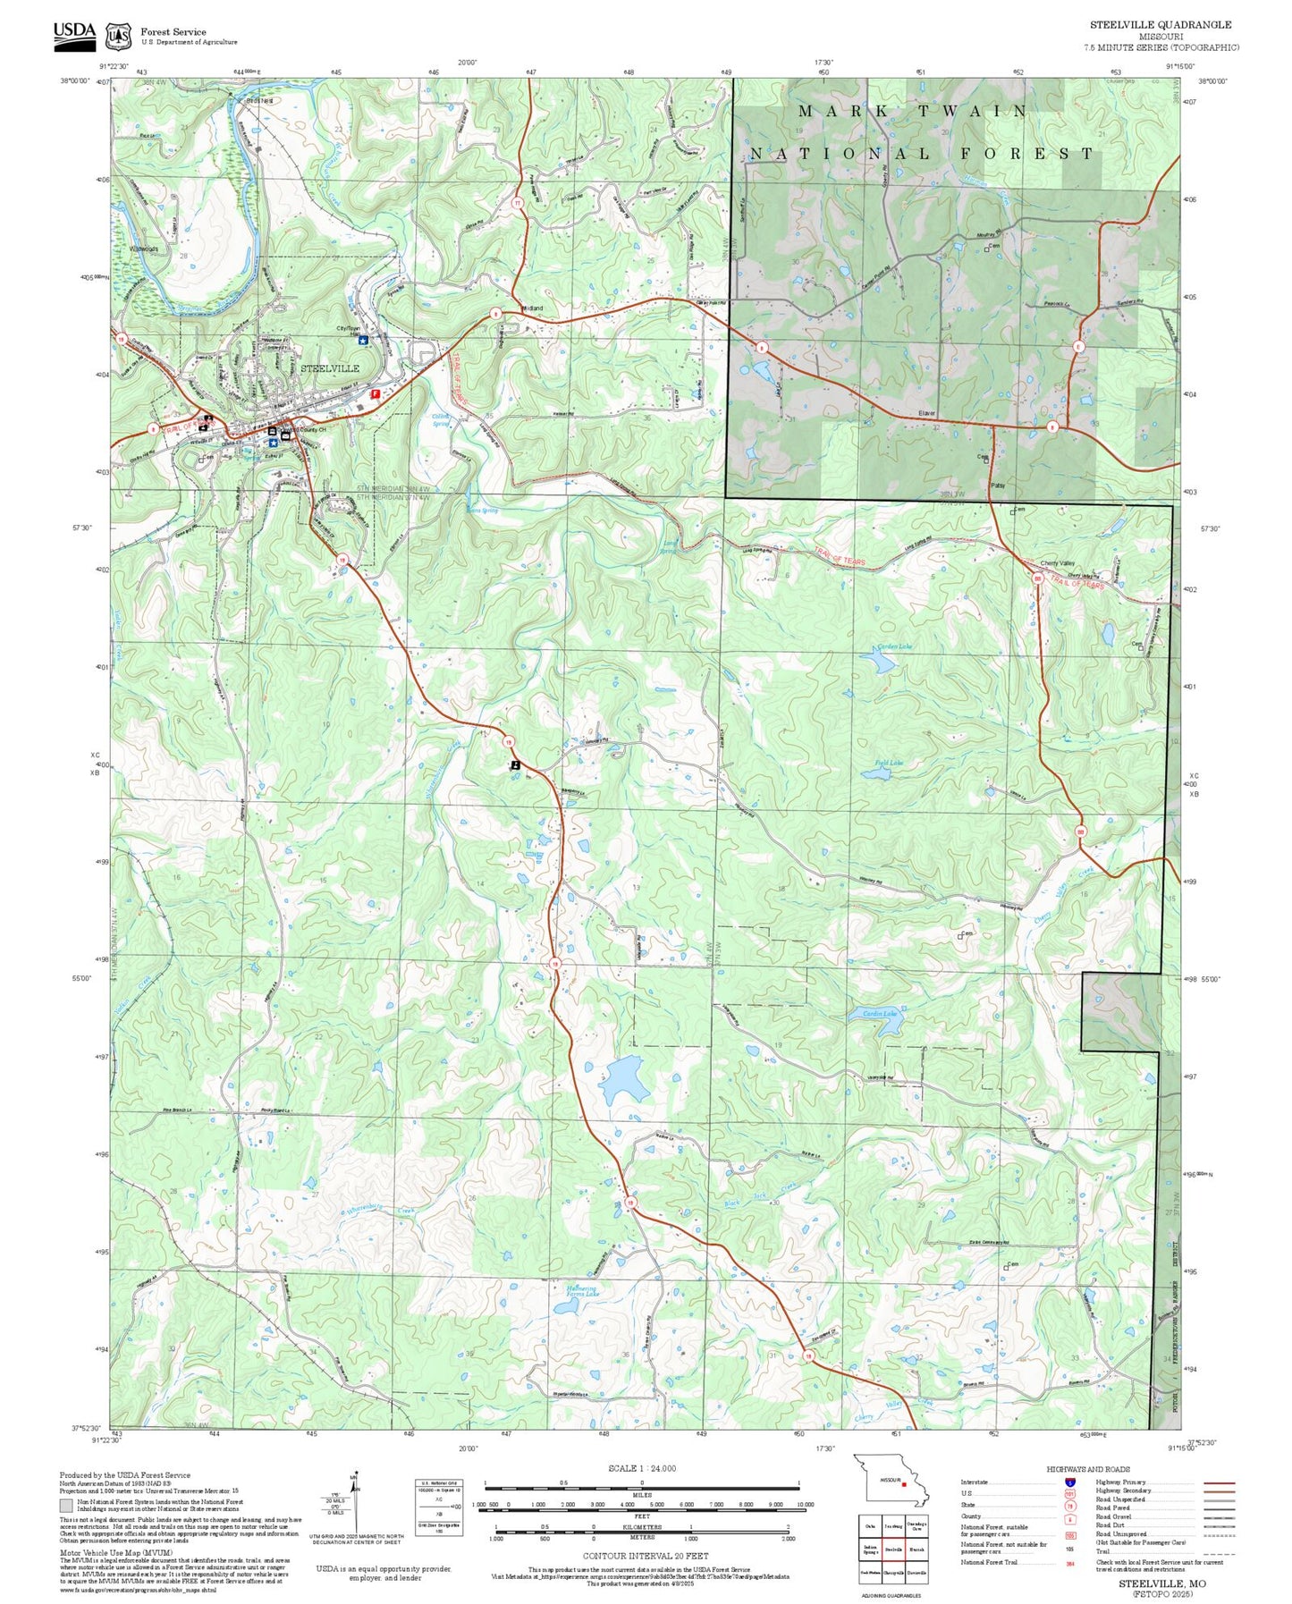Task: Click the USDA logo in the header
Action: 74,33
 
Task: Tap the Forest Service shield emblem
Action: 118,37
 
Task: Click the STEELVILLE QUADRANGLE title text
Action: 1160,24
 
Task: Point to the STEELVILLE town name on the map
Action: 329,368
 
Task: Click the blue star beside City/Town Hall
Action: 362,340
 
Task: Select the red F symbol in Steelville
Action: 376,393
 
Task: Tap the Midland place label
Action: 531,308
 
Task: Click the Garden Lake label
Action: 894,646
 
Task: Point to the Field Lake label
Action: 888,763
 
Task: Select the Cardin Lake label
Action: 879,1013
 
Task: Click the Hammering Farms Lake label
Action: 582,1291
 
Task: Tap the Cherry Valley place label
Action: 1058,563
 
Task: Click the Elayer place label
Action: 926,413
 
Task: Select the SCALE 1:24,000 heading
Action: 641,1468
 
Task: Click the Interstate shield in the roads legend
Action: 1069,1482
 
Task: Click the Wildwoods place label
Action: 143,249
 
